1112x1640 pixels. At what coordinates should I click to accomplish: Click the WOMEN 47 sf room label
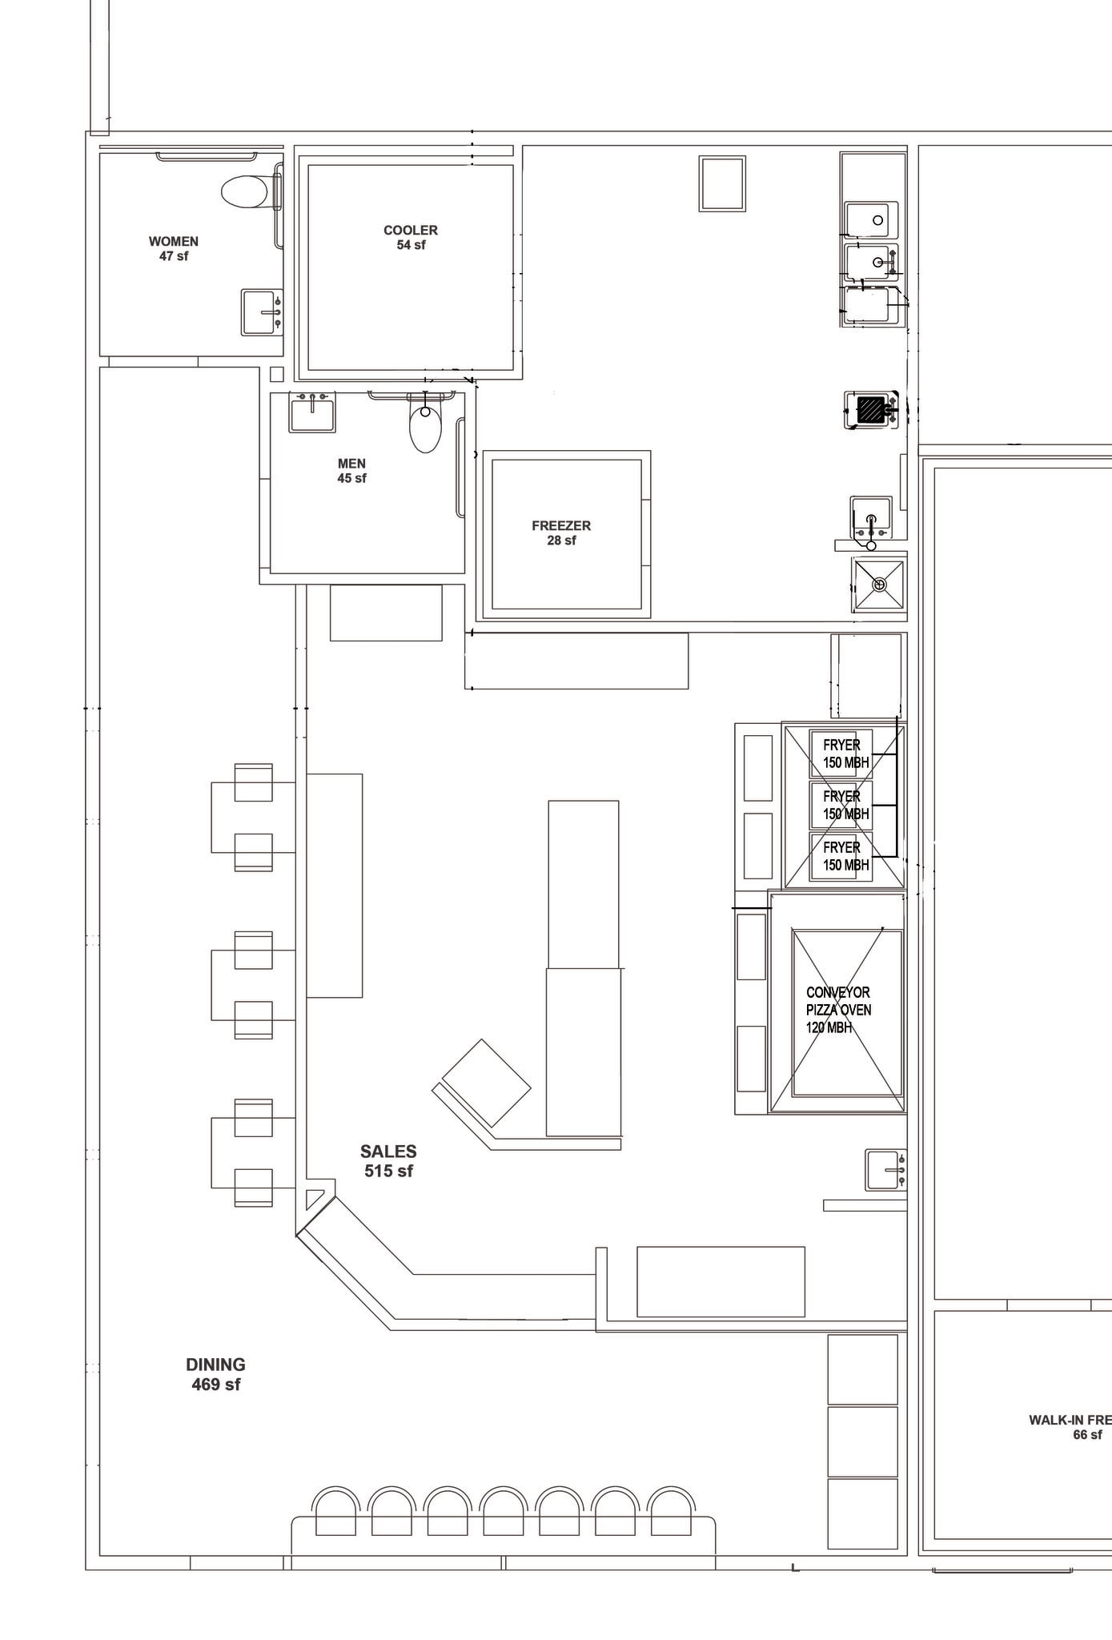[x=174, y=249]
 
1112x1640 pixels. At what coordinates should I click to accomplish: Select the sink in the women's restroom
[x=262, y=312]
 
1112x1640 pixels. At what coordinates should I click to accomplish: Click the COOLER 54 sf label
[x=411, y=238]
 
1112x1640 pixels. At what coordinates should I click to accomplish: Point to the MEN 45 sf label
[x=351, y=471]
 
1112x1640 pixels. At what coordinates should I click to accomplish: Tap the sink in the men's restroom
[x=312, y=413]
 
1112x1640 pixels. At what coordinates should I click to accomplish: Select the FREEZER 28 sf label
[x=561, y=533]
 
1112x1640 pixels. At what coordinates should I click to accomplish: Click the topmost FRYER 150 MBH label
[x=845, y=754]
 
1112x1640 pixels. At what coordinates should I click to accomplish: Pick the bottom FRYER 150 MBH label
[x=845, y=856]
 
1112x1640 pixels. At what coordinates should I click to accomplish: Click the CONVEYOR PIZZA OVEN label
[x=838, y=1010]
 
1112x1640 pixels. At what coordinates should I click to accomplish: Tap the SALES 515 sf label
[x=388, y=1161]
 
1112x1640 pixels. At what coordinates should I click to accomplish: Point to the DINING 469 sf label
[x=215, y=1374]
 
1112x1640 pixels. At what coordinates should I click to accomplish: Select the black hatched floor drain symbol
[x=869, y=410]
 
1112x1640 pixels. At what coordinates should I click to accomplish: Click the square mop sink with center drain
[x=878, y=585]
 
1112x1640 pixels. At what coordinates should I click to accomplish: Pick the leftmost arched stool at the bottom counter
[x=335, y=1511]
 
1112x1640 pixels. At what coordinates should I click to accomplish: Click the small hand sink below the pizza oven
[x=885, y=1170]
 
